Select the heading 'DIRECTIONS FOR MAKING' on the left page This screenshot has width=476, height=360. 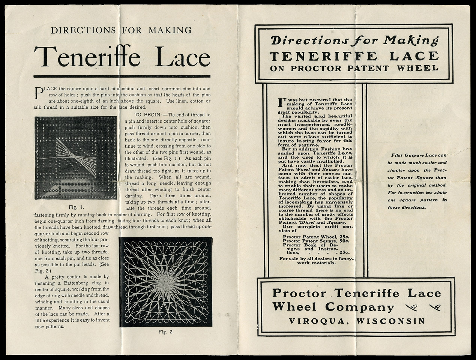pos(121,30)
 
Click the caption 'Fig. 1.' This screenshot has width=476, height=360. pos(77,207)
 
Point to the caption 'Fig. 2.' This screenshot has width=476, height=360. pos(166,331)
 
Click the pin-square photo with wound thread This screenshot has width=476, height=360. pos(76,157)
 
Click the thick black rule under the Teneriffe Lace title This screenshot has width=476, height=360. pos(122,76)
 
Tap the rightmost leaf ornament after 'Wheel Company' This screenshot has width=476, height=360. pos(436,307)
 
